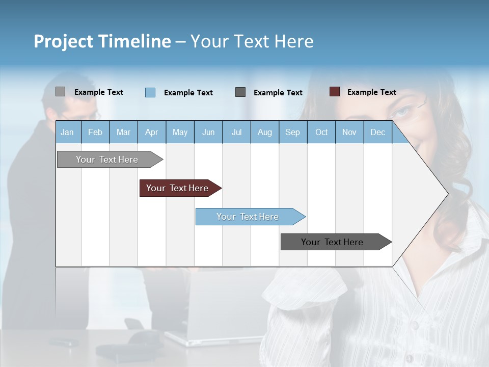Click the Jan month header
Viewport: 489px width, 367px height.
67,133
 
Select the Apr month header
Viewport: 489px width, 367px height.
151,133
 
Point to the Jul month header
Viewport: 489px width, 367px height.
236,133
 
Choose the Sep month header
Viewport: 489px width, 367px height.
292,133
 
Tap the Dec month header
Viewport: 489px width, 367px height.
377,133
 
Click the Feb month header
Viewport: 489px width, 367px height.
95,133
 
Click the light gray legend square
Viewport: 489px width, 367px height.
60,92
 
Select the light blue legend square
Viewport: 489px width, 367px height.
150,92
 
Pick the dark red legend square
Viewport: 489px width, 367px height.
334,92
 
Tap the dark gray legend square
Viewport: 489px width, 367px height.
240,92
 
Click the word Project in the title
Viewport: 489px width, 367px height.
63,41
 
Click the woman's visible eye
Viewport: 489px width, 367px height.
402,111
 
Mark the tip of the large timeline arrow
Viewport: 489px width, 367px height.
447,194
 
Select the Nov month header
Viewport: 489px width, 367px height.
349,133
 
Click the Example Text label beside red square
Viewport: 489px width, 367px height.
371,92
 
